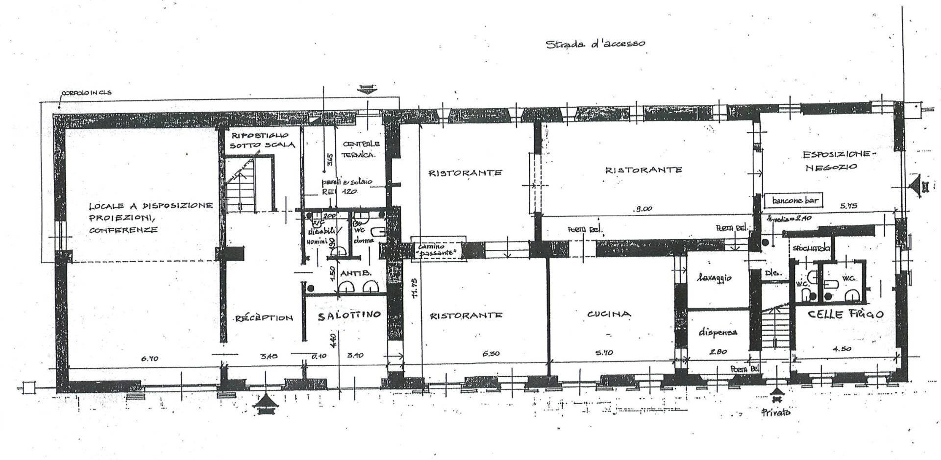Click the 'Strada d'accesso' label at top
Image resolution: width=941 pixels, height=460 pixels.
pos(595,44)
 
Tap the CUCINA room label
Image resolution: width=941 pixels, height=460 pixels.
pos(609,314)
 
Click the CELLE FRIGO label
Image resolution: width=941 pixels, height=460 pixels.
pos(845,314)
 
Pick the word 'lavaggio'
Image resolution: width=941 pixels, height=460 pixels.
pos(717,278)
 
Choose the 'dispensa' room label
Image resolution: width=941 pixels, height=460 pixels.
pos(718,332)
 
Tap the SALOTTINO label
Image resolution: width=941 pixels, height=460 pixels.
pos(349,316)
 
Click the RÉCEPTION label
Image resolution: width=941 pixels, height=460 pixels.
pos(264,317)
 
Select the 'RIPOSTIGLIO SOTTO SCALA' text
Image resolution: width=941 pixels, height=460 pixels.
pos(260,140)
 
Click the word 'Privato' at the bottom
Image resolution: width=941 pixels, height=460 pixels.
pos(776,412)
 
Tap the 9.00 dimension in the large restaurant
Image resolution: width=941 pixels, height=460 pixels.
pos(643,209)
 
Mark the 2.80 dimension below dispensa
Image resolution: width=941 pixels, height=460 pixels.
pos(718,351)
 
